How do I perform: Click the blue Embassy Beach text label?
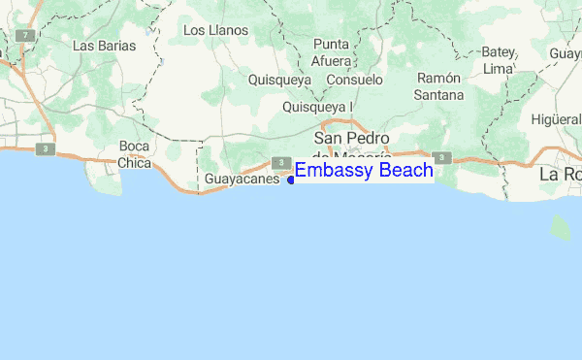[364, 171]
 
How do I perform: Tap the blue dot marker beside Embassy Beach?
[291, 180]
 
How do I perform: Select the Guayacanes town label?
[242, 180]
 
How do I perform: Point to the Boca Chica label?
[135, 155]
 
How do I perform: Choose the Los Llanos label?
[215, 30]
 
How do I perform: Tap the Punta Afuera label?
[331, 52]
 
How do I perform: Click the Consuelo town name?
[354, 80]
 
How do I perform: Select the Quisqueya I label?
[317, 107]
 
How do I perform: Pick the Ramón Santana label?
[438, 86]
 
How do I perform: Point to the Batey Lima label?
[498, 60]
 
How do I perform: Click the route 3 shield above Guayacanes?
[278, 162]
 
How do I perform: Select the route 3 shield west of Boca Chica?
[44, 148]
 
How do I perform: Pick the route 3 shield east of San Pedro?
[441, 156]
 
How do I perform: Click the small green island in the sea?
[561, 227]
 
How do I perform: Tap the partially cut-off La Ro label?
[560, 175]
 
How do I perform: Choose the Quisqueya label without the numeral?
[279, 80]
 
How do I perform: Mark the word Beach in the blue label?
[401, 171]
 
